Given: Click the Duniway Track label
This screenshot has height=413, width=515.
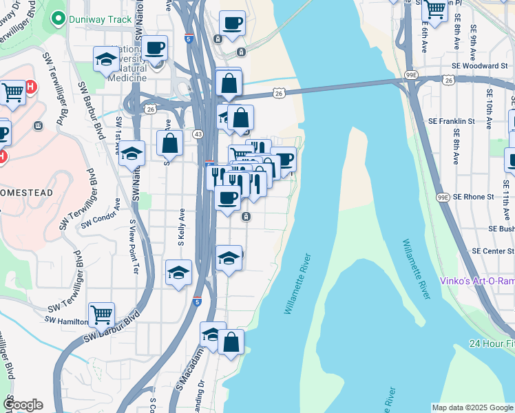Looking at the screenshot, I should (x=101, y=19).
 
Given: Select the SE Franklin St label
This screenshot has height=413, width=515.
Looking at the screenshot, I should (x=474, y=121).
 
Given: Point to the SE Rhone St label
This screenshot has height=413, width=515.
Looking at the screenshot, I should (x=470, y=197).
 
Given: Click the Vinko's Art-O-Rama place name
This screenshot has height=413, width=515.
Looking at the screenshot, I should (x=476, y=282).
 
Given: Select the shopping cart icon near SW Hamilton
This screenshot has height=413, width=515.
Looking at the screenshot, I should (x=101, y=315).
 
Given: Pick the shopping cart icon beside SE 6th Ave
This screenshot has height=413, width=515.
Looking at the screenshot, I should (x=434, y=9).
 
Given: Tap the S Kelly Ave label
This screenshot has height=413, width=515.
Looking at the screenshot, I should (x=182, y=228).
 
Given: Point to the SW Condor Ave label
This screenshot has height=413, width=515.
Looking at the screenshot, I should (x=101, y=213).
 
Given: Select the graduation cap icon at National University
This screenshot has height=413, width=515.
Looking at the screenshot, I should (x=105, y=59).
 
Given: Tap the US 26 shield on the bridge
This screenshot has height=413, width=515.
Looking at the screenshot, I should (x=279, y=92).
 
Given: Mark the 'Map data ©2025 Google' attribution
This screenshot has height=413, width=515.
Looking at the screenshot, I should (x=473, y=407).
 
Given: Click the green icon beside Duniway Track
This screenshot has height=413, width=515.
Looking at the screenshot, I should (x=59, y=19).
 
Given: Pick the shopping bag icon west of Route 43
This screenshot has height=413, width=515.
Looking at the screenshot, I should (x=169, y=144).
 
